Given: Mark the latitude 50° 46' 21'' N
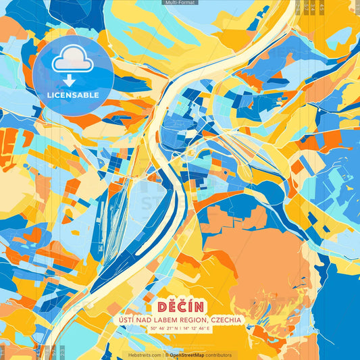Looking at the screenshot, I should tap(163, 328).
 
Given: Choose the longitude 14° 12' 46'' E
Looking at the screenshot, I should tap(197, 328).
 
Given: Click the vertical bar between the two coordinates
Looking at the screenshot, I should tap(180, 328).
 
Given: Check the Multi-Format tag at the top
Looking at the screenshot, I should tap(180, 3).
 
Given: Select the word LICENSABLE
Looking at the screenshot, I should tap(73, 95).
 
